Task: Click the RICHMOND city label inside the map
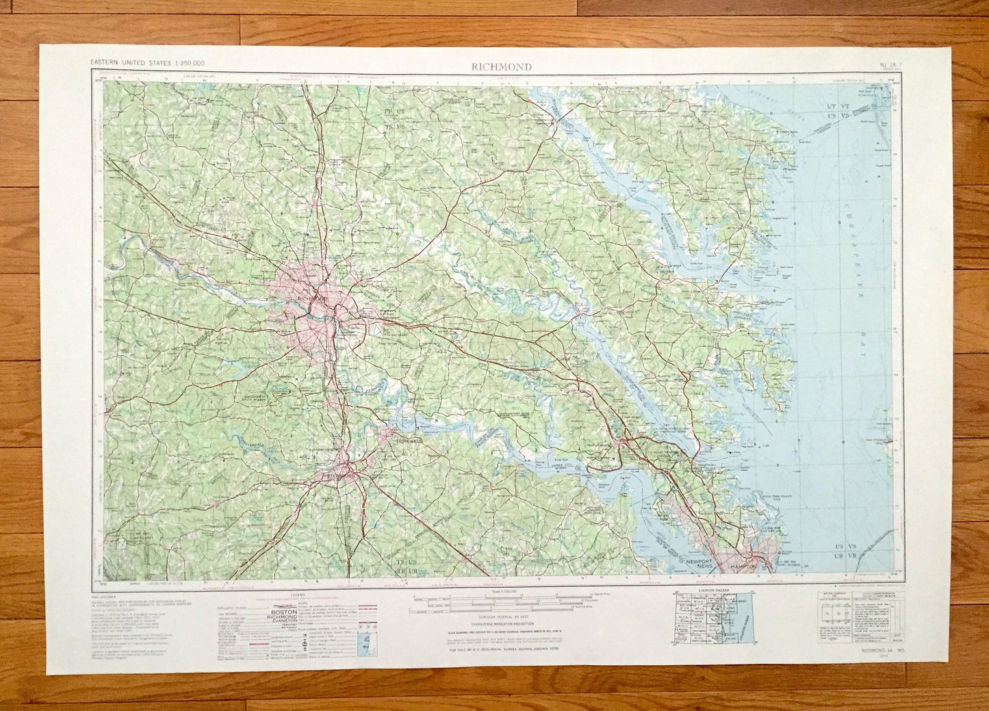[315, 299]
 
